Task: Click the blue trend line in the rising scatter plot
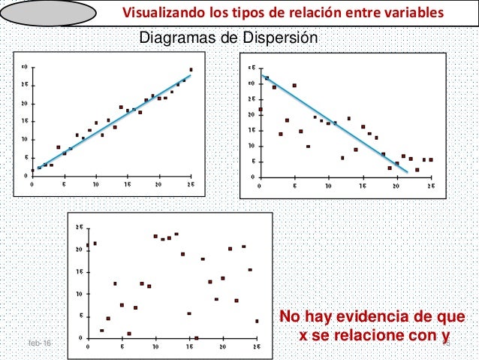113,120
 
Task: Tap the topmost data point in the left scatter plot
191,70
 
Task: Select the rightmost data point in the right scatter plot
431,159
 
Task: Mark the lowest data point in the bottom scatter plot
196,338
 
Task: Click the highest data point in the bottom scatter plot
176,234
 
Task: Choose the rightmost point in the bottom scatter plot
257,321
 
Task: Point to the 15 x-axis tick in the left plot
127,183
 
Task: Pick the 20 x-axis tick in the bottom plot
224,346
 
